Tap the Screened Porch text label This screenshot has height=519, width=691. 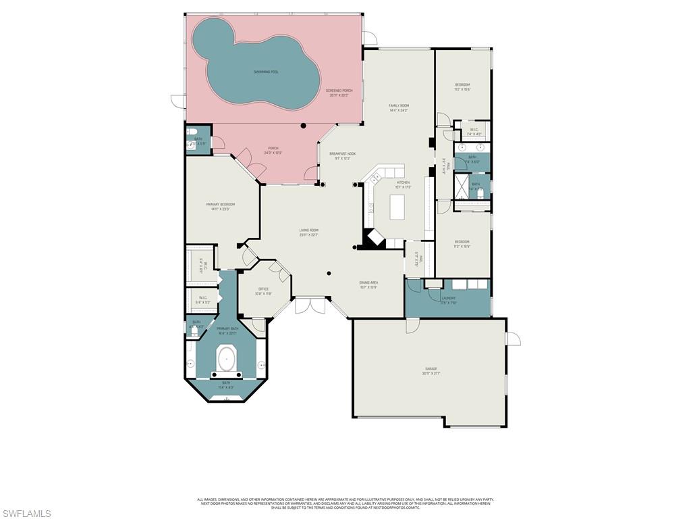[x=339, y=92]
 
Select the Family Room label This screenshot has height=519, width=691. [x=399, y=107]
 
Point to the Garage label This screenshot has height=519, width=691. [x=431, y=370]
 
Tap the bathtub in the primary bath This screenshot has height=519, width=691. [x=225, y=359]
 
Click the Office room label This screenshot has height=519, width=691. [x=263, y=291]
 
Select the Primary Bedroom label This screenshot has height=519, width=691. [x=221, y=206]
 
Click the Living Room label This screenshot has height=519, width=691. [x=308, y=232]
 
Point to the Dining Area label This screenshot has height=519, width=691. [x=368, y=285]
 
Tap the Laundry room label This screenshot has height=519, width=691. [x=448, y=299]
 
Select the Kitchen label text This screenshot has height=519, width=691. [x=403, y=184]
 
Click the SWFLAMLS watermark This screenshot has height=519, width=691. [x=26, y=513]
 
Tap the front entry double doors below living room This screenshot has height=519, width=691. [x=310, y=305]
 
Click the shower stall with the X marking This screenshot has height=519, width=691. [x=461, y=184]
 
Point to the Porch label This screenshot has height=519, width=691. [x=273, y=150]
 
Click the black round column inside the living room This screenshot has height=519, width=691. [x=329, y=273]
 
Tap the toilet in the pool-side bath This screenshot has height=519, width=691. [x=192, y=132]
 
